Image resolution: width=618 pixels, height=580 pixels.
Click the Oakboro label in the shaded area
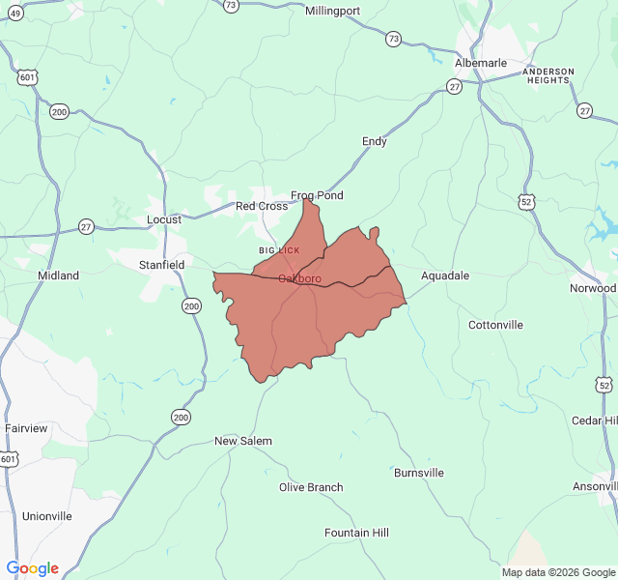299,279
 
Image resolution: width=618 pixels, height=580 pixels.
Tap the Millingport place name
332,12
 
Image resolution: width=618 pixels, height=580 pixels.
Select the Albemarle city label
481,63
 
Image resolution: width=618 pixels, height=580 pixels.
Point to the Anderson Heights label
548,75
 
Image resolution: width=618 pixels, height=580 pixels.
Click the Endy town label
375,141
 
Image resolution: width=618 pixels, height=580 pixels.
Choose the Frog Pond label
317,195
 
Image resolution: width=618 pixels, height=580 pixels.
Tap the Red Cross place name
262,206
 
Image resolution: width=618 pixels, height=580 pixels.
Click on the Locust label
164,219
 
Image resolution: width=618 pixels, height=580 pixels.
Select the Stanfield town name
161,264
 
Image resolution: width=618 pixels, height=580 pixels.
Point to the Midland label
58,275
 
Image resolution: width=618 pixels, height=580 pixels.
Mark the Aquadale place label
445,275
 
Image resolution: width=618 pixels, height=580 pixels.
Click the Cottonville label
495,325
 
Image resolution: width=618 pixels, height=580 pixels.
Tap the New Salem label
243,441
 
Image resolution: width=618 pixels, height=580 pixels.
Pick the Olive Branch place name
311,487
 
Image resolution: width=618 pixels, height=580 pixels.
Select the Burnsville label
419,473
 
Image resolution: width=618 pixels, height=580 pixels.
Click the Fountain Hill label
356,533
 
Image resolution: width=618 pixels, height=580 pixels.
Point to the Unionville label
47,516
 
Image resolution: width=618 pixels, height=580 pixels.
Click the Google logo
33,568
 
